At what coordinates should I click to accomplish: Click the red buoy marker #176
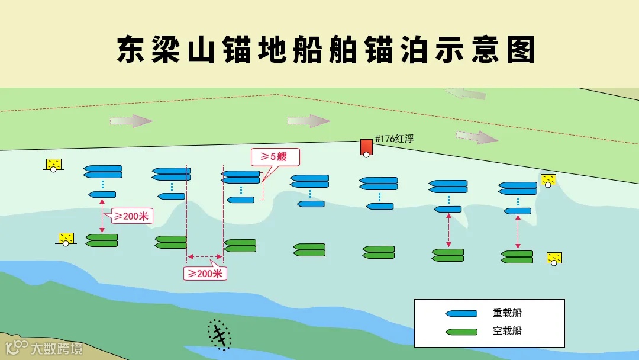[x=366, y=147]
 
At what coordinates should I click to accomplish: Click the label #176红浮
[x=394, y=139]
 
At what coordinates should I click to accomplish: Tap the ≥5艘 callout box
[x=275, y=157]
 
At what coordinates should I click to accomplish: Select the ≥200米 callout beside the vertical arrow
[x=131, y=216]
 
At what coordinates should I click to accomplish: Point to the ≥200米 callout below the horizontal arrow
[x=205, y=273]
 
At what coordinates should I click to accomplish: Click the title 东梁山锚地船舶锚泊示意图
[x=325, y=49]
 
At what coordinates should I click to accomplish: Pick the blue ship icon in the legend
[x=461, y=313]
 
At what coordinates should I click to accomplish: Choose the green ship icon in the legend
[x=461, y=332]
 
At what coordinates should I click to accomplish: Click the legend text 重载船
[x=507, y=313]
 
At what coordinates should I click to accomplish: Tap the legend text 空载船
[x=507, y=331]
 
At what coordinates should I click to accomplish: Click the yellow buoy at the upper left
[x=54, y=164]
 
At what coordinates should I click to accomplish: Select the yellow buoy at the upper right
[x=548, y=179]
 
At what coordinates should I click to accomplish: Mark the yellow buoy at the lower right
[x=554, y=258]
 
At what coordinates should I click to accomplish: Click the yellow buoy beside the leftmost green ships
[x=66, y=238]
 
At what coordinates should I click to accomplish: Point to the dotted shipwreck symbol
[x=219, y=335]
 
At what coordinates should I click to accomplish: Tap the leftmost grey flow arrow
[x=131, y=121]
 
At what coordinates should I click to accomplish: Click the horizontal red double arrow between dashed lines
[x=205, y=257]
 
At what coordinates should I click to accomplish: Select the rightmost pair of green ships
[x=517, y=257]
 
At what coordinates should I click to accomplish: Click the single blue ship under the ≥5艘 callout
[x=240, y=200]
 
